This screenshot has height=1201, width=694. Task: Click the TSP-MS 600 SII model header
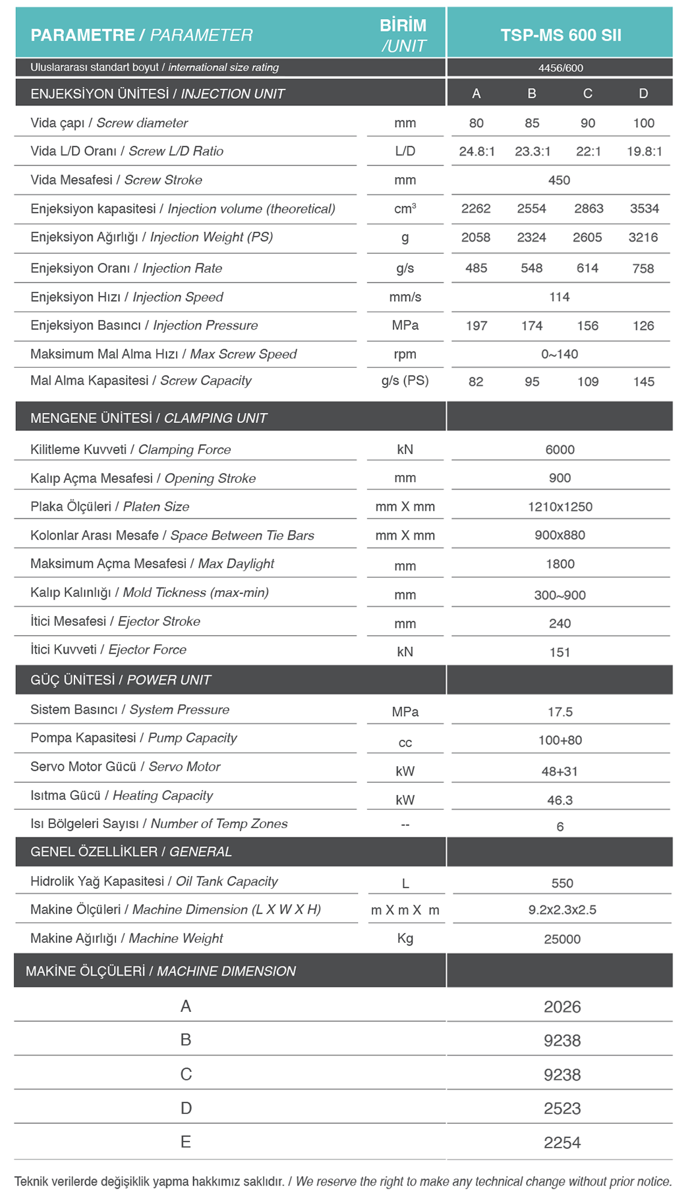click(x=560, y=35)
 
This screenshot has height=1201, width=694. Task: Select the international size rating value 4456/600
click(x=560, y=68)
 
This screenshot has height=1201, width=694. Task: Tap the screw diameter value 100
click(x=643, y=123)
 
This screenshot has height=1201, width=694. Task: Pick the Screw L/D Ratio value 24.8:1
click(x=477, y=152)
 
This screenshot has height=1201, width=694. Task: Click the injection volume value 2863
click(x=588, y=209)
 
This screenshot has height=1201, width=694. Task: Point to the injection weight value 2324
click(x=531, y=238)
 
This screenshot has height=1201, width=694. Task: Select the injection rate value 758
click(x=643, y=269)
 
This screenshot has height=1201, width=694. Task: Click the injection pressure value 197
click(x=477, y=326)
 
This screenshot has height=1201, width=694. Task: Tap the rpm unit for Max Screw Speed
click(x=405, y=354)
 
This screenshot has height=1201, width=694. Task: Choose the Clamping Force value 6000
click(x=560, y=450)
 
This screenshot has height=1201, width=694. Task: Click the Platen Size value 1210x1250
click(x=560, y=507)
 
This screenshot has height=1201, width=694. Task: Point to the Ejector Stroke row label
click(x=115, y=622)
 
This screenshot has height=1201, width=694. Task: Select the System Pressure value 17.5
click(x=560, y=712)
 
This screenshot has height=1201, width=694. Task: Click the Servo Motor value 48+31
click(x=560, y=771)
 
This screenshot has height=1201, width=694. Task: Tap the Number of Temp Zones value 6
click(x=560, y=827)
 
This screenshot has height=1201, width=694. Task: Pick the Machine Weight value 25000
click(x=562, y=939)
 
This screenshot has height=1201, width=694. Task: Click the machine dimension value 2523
click(x=562, y=1109)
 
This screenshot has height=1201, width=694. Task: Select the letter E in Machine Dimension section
click(x=186, y=1142)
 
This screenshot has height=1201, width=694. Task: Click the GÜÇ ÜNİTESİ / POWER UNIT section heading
click(x=121, y=680)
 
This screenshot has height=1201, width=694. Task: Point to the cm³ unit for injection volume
click(x=405, y=209)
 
